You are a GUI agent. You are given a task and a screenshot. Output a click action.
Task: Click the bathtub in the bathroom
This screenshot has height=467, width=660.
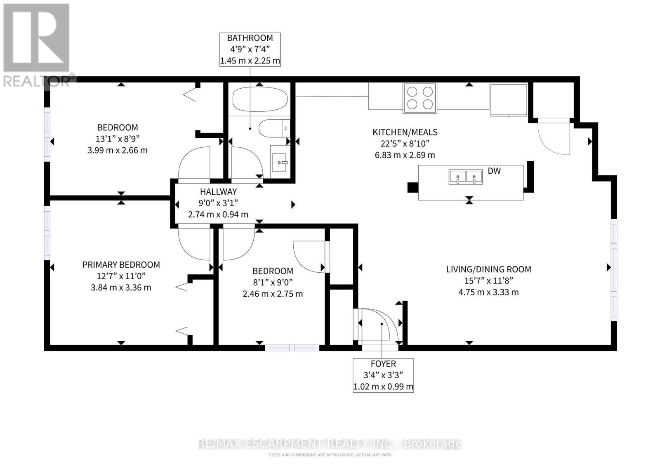click(259, 99)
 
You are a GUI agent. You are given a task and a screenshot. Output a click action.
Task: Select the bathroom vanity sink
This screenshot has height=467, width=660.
click(279, 162)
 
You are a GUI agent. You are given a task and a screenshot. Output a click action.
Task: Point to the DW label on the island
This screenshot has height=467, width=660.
click(494, 171)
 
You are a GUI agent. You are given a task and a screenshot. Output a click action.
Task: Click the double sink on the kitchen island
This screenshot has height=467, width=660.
click(466, 177)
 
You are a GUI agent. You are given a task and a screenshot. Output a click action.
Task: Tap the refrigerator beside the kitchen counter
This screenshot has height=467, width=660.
click(509, 100)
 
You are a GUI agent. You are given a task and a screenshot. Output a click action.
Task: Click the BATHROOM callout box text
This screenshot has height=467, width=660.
click(250, 50)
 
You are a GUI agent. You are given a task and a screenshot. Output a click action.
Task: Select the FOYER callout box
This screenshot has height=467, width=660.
click(383, 375)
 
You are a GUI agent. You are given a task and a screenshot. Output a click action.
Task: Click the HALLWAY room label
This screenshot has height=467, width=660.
click(218, 192)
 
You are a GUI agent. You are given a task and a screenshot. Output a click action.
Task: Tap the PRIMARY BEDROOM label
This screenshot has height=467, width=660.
click(121, 265)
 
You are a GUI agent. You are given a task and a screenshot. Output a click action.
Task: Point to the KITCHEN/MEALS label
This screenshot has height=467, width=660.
click(405, 132)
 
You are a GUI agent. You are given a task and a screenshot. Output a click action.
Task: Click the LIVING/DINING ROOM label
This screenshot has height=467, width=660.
click(488, 269)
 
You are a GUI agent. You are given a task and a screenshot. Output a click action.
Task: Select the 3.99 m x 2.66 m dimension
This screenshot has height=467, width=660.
click(118, 150)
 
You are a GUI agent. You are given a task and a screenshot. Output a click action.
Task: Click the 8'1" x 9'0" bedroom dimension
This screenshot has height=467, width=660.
click(273, 282)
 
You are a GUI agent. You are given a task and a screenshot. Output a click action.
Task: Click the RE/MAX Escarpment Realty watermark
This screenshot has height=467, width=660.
click(330, 443)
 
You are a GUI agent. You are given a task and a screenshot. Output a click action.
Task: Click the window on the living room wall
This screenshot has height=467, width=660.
click(614, 270)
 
